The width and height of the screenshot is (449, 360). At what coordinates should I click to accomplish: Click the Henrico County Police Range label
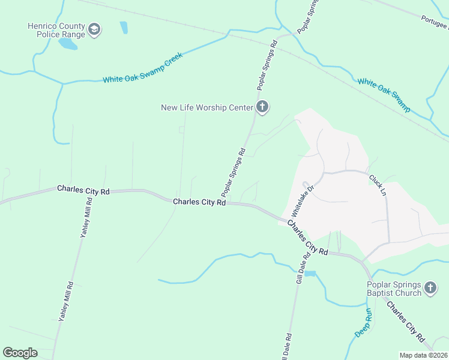point(56,30)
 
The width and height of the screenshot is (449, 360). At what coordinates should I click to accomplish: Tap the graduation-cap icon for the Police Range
point(94,29)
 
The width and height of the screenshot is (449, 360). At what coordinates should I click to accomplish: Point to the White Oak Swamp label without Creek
point(384,95)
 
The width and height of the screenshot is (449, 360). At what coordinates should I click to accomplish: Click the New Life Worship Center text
point(207,108)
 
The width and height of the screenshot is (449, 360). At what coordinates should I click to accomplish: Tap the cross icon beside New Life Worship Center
point(262,108)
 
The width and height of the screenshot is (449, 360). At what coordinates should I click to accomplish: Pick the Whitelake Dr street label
point(303,200)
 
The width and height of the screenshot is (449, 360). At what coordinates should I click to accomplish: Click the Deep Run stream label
point(364,323)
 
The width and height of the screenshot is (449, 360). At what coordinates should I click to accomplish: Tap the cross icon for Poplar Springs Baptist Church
point(430,289)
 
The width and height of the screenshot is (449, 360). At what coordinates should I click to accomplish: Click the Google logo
point(20,353)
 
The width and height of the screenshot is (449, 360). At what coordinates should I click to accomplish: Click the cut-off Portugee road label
point(435,23)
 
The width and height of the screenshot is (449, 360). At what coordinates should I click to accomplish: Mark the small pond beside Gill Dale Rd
point(310,274)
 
